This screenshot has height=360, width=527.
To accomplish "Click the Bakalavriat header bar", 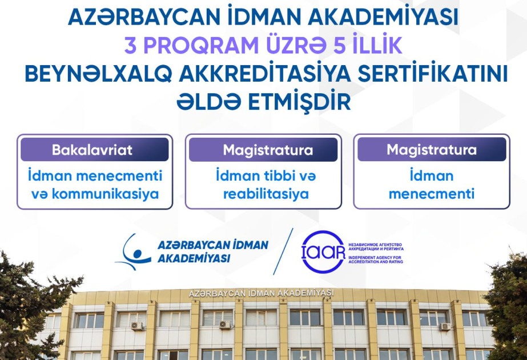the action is point(94,149).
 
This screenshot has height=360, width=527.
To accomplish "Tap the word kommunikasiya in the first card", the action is point(105,194).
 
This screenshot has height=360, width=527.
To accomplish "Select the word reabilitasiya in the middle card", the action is point(266,194).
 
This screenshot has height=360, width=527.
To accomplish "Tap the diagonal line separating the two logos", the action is point(283,251).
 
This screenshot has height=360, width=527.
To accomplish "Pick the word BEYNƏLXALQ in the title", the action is point(98,75).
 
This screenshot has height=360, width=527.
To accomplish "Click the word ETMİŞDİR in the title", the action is point(299,102).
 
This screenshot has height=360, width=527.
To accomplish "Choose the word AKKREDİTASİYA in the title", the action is point(264,74).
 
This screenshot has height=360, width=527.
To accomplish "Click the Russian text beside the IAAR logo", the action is point(376,247).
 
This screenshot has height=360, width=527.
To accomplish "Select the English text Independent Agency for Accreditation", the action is point(376,259).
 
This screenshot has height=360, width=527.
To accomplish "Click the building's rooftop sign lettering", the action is point(262,293).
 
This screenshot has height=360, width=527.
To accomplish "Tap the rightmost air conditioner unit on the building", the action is point(445,326).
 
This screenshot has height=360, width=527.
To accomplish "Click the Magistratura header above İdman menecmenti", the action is point(432,149).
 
